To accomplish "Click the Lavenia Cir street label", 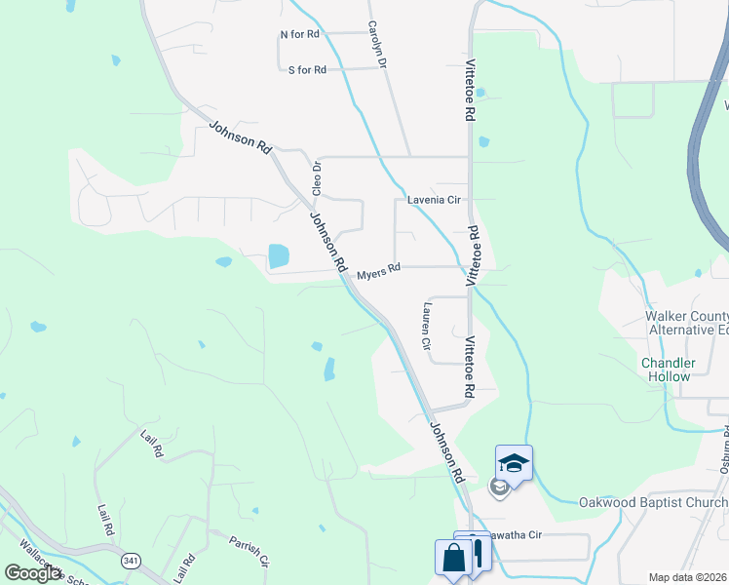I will (434, 200).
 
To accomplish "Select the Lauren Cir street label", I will (426, 325).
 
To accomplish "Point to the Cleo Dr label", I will (316, 178).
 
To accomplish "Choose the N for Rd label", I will (300, 34).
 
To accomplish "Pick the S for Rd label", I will (307, 69).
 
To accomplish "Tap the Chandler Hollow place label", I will (668, 370).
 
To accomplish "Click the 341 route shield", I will (131, 561).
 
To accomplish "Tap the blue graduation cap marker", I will (514, 462).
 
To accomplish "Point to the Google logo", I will (33, 573).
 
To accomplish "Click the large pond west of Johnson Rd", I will (279, 256).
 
